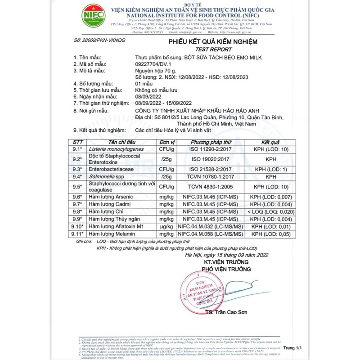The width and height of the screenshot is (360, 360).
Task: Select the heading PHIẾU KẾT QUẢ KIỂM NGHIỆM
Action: (x=212, y=42)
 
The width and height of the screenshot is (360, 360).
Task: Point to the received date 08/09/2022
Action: (x=149, y=96)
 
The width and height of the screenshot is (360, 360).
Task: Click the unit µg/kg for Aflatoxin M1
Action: (x=166, y=226)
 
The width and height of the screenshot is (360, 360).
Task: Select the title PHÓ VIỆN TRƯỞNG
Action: (x=225, y=269)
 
